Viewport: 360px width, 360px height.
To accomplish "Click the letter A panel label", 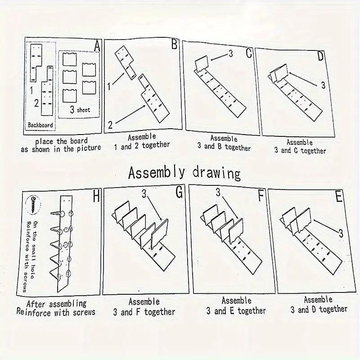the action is (97, 46).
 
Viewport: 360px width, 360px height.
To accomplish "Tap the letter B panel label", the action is (175, 44).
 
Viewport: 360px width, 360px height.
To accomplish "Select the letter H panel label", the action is (96, 196).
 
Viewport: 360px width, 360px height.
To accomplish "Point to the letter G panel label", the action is (179, 192).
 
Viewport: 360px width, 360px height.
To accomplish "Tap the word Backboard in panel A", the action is (40, 125).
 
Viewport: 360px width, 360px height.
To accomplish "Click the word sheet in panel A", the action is (83, 110).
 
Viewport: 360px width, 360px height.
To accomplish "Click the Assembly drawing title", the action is (184, 173).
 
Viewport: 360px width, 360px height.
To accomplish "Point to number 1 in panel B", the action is (109, 86).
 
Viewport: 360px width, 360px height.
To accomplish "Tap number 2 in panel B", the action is (110, 125).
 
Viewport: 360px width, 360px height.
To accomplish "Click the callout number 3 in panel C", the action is (231, 54).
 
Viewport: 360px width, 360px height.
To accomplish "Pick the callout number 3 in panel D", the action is (323, 85).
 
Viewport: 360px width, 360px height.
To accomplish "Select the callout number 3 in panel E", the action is (341, 234).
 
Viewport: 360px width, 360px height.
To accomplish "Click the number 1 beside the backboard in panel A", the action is (31, 90).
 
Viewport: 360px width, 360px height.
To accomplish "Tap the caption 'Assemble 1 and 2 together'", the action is (142, 142).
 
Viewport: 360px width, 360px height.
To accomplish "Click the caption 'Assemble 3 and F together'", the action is (144, 307).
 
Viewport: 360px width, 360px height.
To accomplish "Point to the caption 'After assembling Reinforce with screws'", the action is (56, 308).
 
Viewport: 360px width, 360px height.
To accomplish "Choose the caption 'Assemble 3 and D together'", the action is (319, 305).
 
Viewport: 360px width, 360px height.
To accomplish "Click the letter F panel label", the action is (261, 195).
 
